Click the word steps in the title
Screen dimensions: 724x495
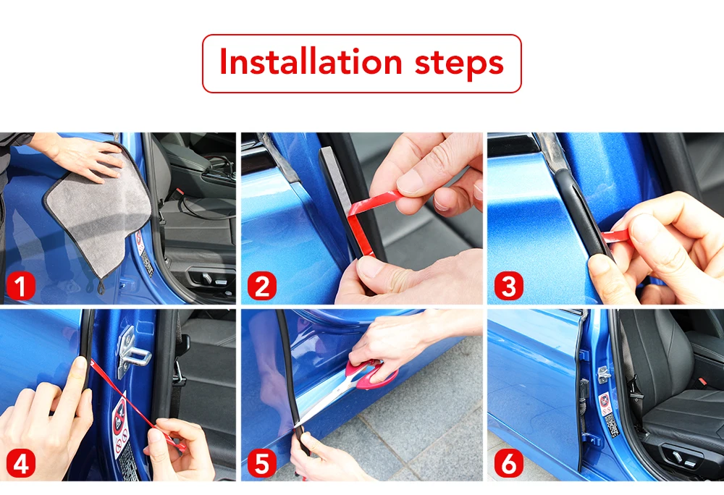pyautogui.click(x=459, y=64)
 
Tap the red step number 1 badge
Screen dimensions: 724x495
pyautogui.click(x=21, y=286)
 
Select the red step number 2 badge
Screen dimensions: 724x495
pyautogui.click(x=262, y=286)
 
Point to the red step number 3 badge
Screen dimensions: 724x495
pyautogui.click(x=509, y=286)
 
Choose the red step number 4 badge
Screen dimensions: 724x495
pyautogui.click(x=21, y=463)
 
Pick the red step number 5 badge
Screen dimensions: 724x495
pyautogui.click(x=262, y=463)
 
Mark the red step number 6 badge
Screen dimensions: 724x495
pyautogui.click(x=509, y=463)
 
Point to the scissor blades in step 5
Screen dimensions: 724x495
pyautogui.click(x=323, y=406)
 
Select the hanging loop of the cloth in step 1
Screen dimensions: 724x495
pyautogui.click(x=101, y=287)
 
